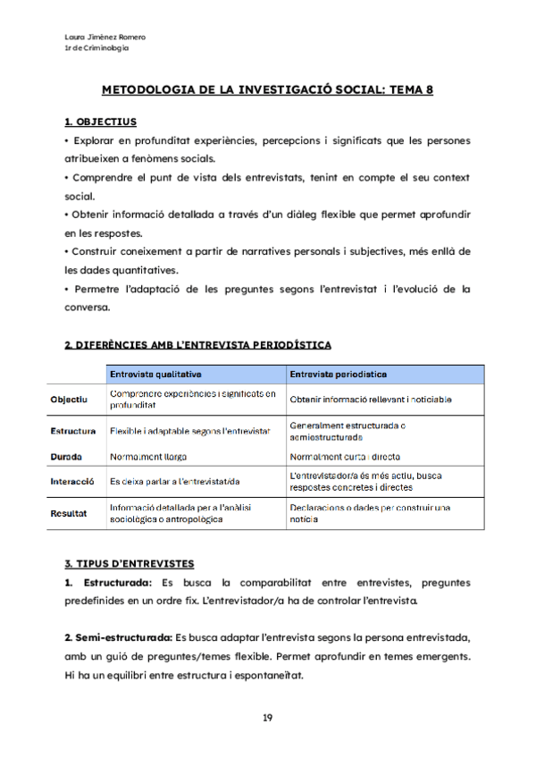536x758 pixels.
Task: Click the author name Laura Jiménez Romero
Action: (x=105, y=37)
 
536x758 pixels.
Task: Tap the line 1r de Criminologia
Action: (x=96, y=47)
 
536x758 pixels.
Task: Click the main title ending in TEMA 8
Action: (x=267, y=89)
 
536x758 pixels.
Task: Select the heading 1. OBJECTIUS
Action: (x=100, y=121)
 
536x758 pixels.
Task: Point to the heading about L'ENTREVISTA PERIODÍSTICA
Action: (x=197, y=344)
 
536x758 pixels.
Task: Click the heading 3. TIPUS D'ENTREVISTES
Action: (x=130, y=564)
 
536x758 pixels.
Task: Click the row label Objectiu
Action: (x=69, y=399)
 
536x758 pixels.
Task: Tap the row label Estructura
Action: (x=73, y=431)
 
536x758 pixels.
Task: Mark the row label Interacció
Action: (x=72, y=481)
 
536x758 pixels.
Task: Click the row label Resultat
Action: (x=69, y=513)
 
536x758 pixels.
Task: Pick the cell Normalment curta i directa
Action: (x=345, y=455)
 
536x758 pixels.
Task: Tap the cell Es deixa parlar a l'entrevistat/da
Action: (x=181, y=481)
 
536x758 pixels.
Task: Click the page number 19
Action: (x=267, y=718)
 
